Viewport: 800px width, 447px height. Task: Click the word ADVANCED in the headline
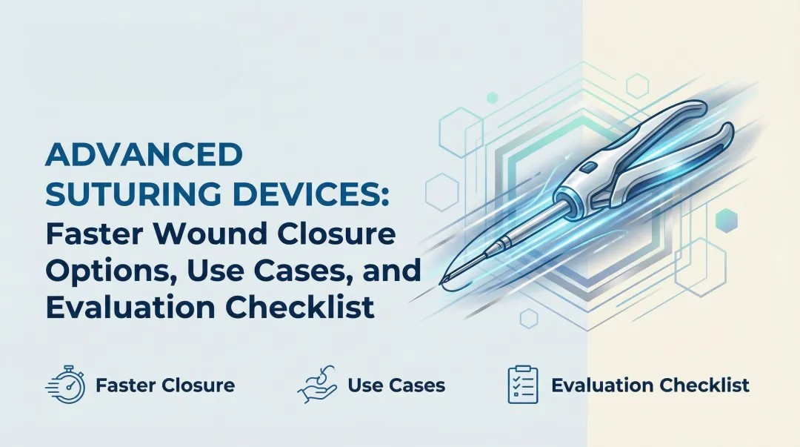tap(144, 156)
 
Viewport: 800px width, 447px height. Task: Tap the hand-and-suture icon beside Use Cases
tap(316, 385)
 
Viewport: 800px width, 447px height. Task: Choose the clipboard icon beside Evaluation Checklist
tap(522, 385)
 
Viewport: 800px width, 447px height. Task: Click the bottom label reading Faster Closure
tap(164, 385)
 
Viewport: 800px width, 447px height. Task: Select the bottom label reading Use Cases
tap(396, 385)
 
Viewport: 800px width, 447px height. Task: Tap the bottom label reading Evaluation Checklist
tap(650, 385)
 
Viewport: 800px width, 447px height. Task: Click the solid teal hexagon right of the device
tap(727, 219)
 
